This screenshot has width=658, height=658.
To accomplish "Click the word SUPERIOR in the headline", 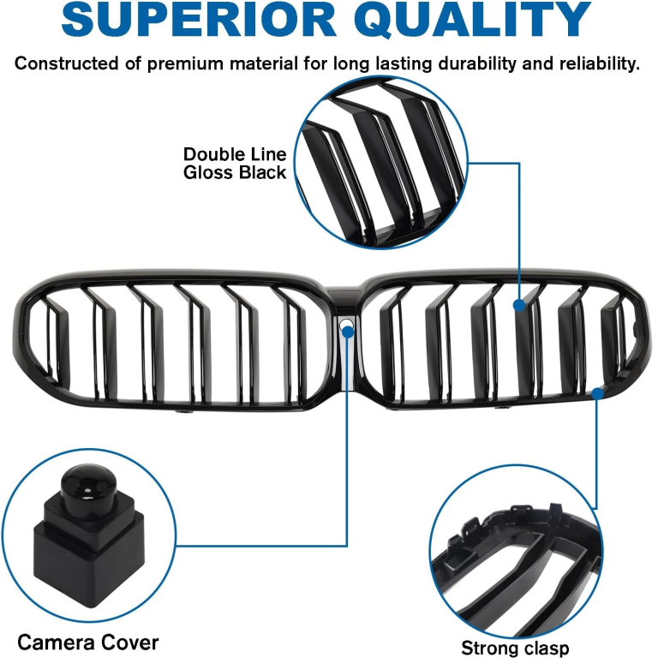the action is [199, 20].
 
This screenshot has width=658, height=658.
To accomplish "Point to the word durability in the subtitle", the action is [477, 63].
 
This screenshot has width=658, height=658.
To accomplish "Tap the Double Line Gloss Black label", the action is [235, 164].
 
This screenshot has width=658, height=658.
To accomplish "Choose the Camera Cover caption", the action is [88, 643].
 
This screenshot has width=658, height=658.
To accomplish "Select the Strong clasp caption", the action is [515, 648].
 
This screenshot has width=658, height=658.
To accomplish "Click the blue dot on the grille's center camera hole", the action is [348, 332].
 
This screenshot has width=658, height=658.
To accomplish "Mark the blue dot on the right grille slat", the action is [519, 305].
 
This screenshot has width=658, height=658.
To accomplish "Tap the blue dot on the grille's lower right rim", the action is [597, 393].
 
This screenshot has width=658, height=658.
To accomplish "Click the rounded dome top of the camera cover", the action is [88, 482].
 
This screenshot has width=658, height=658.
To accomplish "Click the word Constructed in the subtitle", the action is [67, 63].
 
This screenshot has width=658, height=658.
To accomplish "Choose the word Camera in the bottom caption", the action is [54, 643].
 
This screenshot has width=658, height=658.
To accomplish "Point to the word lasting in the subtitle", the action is [404, 63].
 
